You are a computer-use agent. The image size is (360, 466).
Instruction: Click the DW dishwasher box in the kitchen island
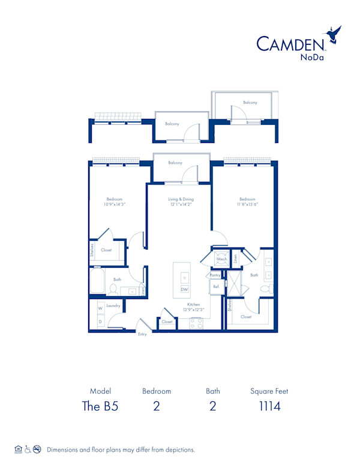pyautogui.click(x=184, y=289)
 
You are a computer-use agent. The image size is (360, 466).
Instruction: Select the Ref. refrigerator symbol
pyautogui.click(x=215, y=287)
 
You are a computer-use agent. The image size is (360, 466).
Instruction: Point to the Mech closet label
pyautogui.click(x=221, y=259)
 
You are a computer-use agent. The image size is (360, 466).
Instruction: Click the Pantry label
pyautogui.click(x=215, y=275)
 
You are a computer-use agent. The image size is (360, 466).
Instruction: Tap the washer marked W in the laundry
pyautogui.click(x=100, y=308)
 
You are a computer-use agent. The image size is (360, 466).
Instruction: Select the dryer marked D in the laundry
pyautogui.click(x=100, y=322)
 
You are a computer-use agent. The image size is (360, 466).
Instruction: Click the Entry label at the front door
pyautogui.click(x=142, y=334)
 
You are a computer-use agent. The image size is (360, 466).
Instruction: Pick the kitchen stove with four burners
pyautogui.click(x=196, y=322)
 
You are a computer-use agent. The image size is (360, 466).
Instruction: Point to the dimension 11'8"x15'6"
pyautogui.click(x=247, y=204)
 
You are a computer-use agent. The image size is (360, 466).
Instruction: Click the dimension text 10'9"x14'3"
pyautogui.click(x=115, y=204)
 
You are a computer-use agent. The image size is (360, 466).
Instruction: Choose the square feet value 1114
pyautogui.click(x=269, y=406)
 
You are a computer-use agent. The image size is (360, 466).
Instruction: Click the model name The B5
pyautogui.click(x=100, y=406)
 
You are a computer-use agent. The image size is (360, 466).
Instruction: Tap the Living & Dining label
pyautogui.click(x=180, y=199)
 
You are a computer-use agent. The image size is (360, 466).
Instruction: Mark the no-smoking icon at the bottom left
pyautogui.click(x=37, y=449)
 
